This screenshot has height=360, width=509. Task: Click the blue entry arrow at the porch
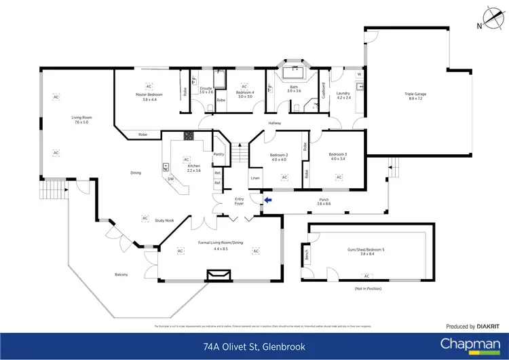pos(267,200)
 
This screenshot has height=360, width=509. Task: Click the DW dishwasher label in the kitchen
pos(171,179)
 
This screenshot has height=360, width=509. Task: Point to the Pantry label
pos(219,154)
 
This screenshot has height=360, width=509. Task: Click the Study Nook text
pos(164,220)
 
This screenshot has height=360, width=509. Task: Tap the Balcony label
pos(121,274)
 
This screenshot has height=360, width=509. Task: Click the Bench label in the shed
pos(307,255)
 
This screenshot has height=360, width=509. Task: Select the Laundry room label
pos(342,94)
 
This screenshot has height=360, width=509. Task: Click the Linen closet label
pos(254,178)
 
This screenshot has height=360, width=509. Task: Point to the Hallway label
pos(274,123)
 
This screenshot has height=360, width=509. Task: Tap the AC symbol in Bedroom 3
pos(339,178)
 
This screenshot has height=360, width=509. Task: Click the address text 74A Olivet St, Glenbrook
pos(254,346)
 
